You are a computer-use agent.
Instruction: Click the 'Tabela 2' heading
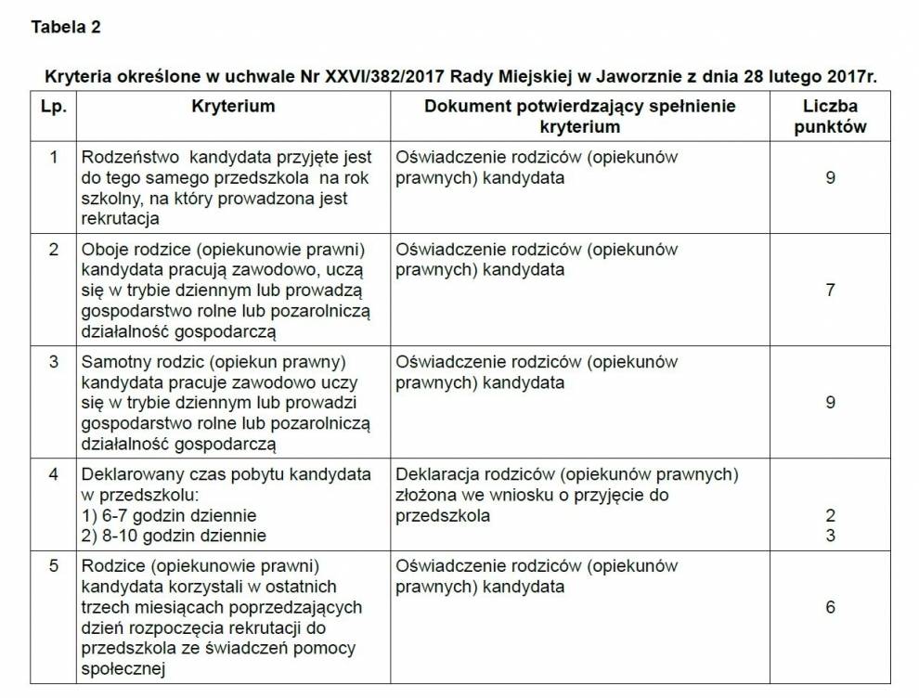[66, 27]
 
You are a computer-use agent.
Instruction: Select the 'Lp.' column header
[54, 106]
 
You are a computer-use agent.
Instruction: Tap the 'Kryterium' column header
[233, 106]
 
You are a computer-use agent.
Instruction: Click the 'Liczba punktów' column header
[830, 116]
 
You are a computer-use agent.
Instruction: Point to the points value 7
[830, 291]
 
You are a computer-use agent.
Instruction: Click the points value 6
[830, 607]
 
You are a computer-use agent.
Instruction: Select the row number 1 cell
[54, 157]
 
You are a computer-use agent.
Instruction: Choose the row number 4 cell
[54, 474]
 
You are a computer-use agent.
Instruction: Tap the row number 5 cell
[54, 565]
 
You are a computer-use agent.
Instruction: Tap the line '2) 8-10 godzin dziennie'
[174, 536]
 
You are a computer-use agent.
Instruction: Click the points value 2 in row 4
[830, 515]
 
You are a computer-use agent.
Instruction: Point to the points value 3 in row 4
[830, 536]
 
